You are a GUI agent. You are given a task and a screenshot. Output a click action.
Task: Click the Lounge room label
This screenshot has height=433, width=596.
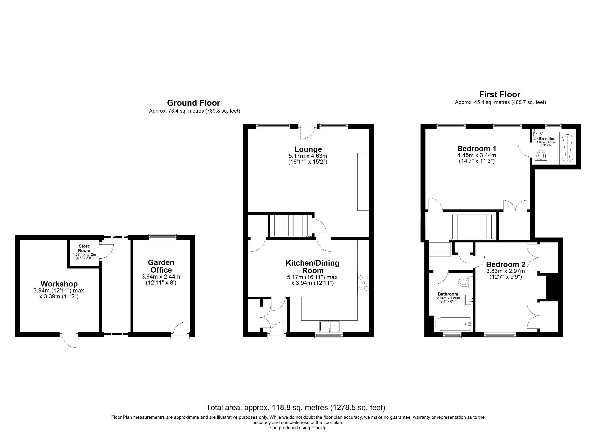308,149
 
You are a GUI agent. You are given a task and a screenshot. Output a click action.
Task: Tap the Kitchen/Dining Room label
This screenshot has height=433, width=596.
312,267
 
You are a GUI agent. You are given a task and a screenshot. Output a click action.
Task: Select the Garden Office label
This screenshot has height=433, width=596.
161,266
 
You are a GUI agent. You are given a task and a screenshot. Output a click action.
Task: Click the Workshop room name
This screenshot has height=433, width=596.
59,284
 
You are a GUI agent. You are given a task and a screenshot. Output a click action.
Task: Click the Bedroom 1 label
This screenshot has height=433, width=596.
477,149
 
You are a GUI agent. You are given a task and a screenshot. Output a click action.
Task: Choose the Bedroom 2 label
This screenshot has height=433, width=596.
506,264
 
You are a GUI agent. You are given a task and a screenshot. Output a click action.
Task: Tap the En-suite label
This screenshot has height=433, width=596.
547,139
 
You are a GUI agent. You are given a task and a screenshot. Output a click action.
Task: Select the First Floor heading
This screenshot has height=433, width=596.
500,94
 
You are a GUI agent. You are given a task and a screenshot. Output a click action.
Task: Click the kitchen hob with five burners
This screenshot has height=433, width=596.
363,283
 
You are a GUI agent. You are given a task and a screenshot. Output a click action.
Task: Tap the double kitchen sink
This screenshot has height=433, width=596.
330,326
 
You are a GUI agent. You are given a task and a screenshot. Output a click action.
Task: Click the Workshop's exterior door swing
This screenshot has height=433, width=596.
69,341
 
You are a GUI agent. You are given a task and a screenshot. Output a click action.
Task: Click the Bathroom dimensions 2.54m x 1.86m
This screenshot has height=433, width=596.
448,298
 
